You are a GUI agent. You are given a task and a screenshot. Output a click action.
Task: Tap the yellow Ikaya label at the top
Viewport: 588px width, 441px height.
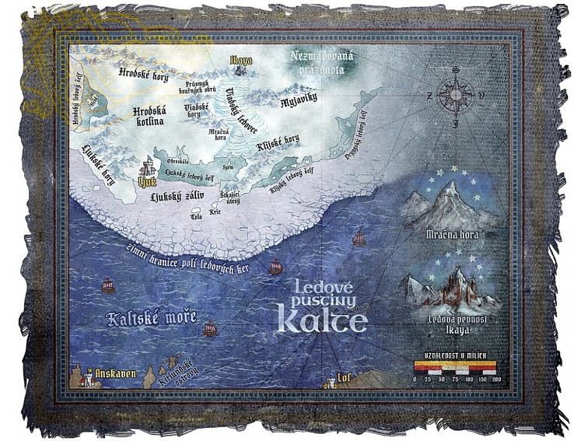(241, 59)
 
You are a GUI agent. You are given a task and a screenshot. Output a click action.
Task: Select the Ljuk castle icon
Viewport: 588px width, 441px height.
(145, 167)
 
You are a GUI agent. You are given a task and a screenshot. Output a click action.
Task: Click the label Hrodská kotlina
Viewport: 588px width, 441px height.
(149, 116)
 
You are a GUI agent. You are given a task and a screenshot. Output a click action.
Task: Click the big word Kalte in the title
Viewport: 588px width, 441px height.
(323, 319)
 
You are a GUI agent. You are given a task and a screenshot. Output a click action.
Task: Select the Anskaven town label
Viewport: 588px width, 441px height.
(114, 374)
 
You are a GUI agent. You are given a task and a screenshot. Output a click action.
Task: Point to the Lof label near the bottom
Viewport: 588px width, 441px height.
(346, 379)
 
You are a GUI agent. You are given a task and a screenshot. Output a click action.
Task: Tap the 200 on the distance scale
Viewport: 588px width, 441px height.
(496, 379)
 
